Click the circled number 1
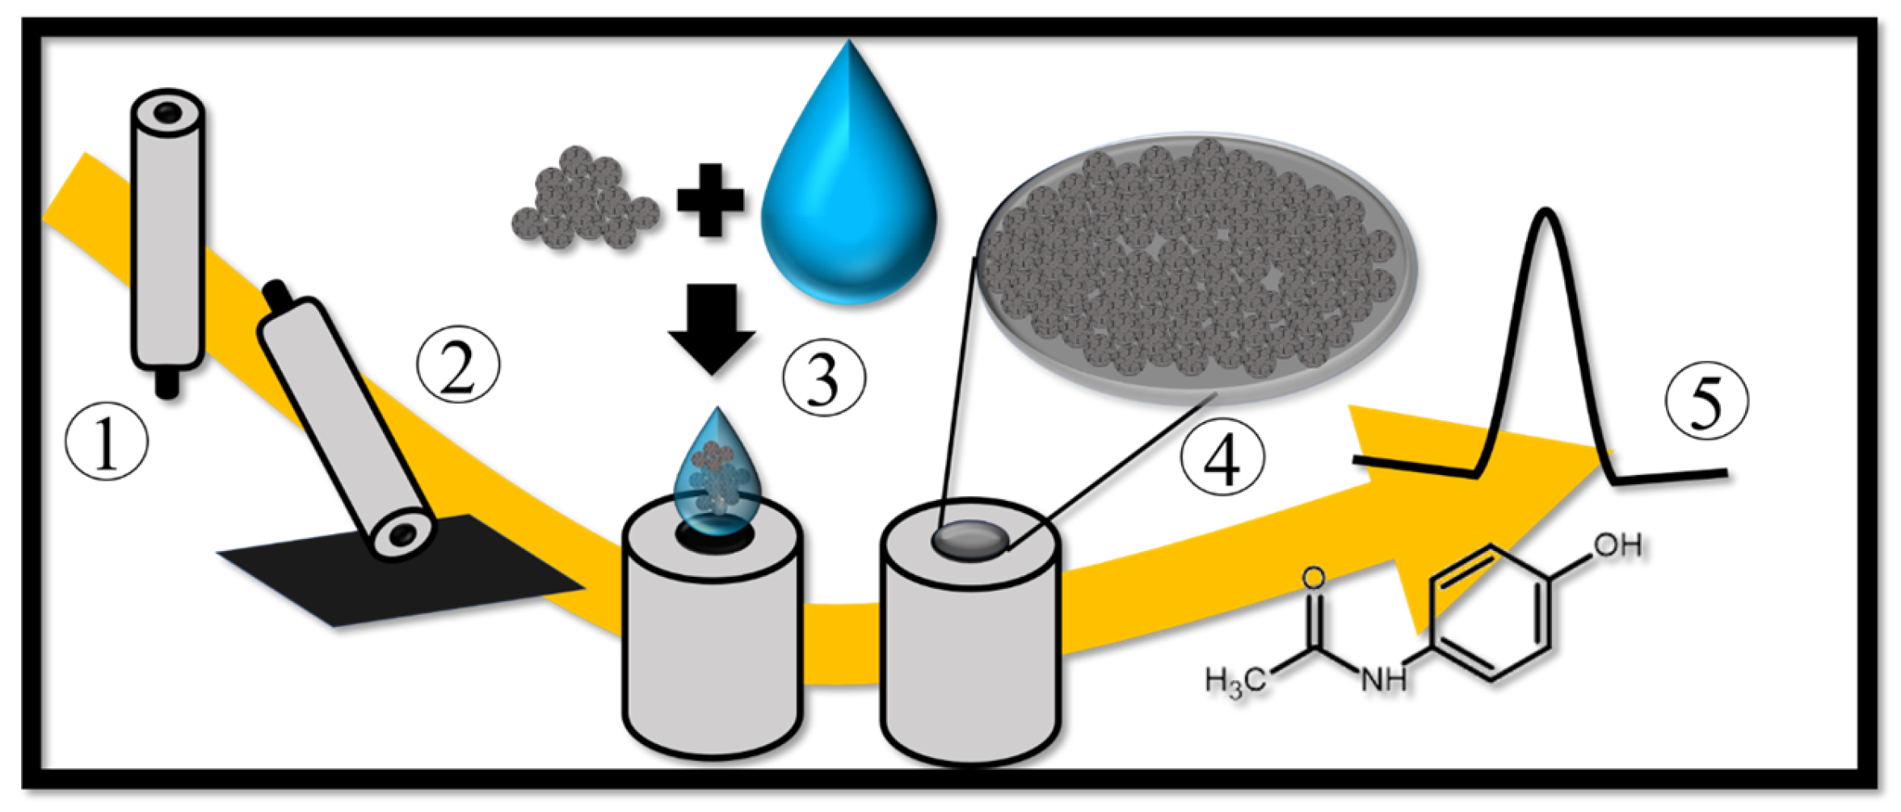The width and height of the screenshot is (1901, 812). pos(107,444)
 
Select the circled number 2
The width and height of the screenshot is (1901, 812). pos(458,365)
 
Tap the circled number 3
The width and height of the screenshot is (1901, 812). pos(823,378)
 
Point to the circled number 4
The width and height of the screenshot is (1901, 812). pos(1222,458)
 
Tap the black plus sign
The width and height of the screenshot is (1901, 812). pos(710,200)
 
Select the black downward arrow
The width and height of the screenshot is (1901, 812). pos(712,327)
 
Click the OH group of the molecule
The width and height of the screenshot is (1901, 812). pos(1618,547)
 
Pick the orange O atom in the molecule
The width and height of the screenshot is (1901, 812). pos(1314,578)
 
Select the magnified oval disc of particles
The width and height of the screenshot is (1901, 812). pos(1196,267)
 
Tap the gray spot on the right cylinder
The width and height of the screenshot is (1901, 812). pos(969,540)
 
